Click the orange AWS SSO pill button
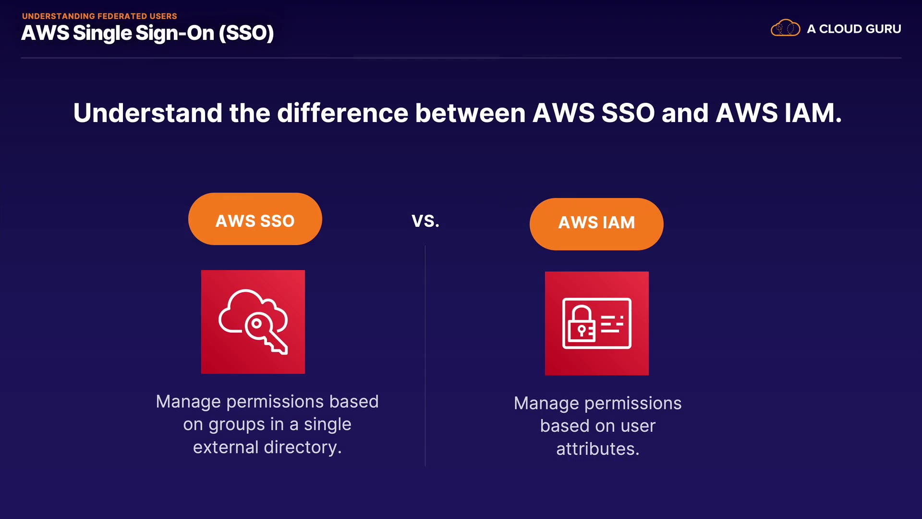(255, 219)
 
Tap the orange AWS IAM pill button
(596, 224)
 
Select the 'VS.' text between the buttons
(425, 221)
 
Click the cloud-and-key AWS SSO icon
(253, 322)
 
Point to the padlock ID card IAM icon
(597, 323)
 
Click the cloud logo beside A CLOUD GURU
(786, 28)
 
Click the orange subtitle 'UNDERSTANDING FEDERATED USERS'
(99, 16)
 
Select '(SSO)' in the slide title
(246, 33)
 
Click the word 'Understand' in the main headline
(148, 113)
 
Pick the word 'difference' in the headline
(342, 113)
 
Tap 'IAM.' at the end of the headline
(813, 113)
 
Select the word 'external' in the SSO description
(226, 447)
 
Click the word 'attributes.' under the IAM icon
(598, 449)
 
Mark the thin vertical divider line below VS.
(425, 356)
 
